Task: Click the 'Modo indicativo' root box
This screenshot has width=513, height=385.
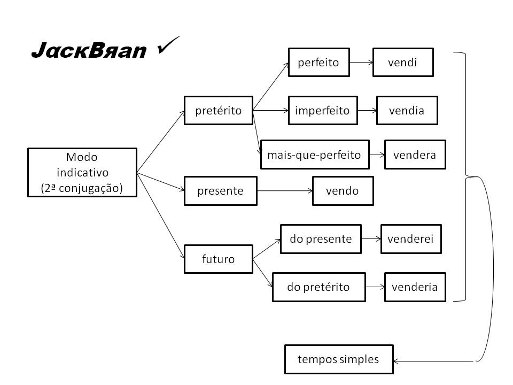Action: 82,173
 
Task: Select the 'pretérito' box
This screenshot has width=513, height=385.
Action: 218,111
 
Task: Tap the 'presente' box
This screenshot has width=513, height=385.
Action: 220,191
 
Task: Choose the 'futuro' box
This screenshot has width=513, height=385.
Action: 218,259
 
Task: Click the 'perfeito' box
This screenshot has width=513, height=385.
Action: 318,63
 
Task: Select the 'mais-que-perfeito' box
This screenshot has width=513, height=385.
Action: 314,155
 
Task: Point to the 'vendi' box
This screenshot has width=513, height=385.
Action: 402,63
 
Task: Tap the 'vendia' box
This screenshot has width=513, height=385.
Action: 407,111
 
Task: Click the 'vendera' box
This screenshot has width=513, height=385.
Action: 415,155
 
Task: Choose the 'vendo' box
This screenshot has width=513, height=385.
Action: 343,191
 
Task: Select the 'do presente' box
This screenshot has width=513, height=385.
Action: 321,239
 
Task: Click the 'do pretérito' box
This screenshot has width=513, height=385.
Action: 318,287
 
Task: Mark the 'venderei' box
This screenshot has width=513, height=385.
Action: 411,239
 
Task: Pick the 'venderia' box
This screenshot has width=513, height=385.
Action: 415,287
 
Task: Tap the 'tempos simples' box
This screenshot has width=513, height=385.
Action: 338,359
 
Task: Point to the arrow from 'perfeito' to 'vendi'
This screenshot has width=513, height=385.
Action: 360,63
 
